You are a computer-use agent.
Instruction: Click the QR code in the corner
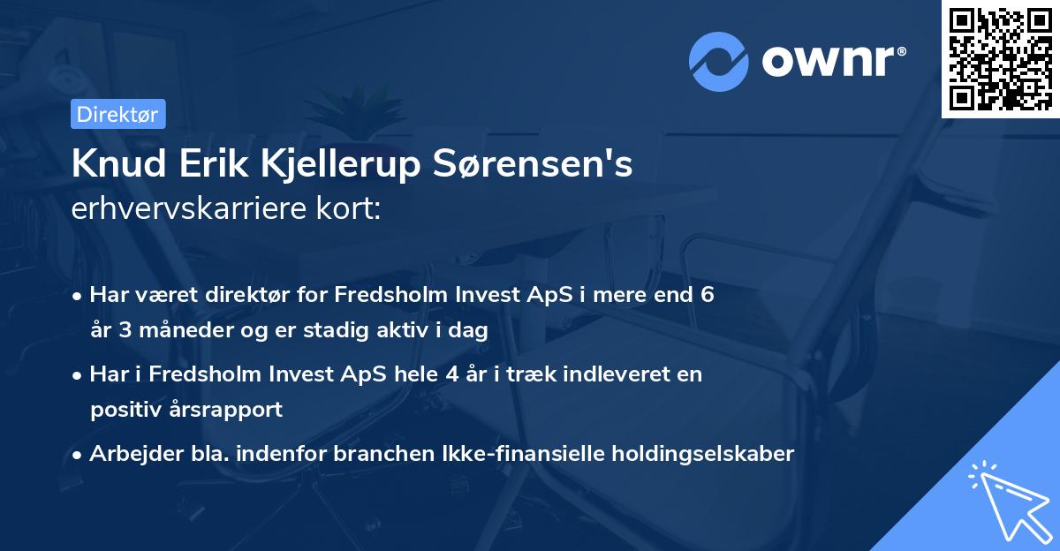click(1000, 59)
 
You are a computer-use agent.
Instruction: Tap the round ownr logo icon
click(719, 61)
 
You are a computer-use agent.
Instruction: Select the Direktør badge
click(117, 113)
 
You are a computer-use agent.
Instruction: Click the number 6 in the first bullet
click(707, 295)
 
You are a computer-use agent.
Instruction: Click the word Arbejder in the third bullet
click(132, 454)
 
